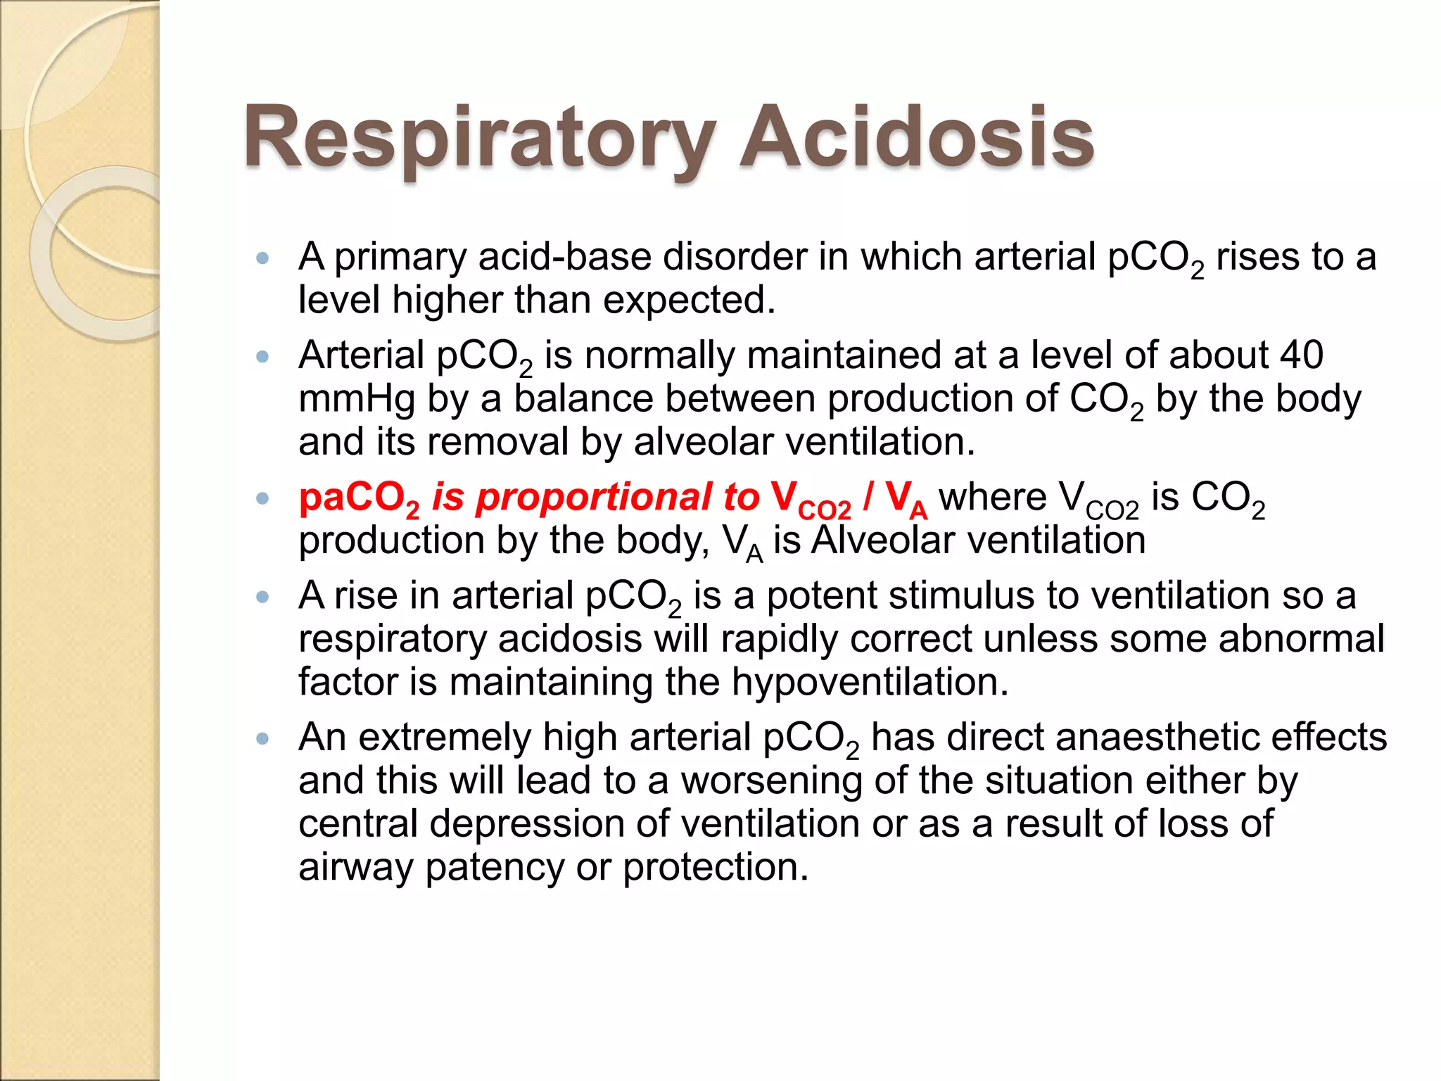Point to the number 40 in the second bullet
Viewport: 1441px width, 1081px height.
coord(1301,355)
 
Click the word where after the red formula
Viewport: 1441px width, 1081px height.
coord(993,497)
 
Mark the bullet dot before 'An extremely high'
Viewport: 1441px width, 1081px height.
coord(263,739)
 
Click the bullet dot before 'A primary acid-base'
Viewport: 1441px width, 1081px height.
coord(263,258)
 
